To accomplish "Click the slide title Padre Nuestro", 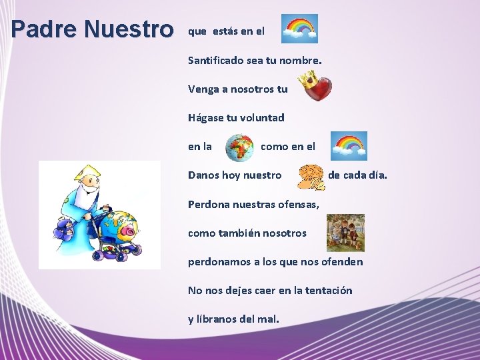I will tap(92, 29).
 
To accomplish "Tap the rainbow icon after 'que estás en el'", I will tap(299, 29).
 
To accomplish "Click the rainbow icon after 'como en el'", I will tap(350, 145).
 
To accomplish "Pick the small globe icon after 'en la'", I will tap(239, 148).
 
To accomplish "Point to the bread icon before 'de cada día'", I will tap(311, 177).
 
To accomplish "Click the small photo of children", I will tap(345, 232).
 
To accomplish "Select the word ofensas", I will tap(297, 204).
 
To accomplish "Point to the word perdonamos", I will tap(218, 261).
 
